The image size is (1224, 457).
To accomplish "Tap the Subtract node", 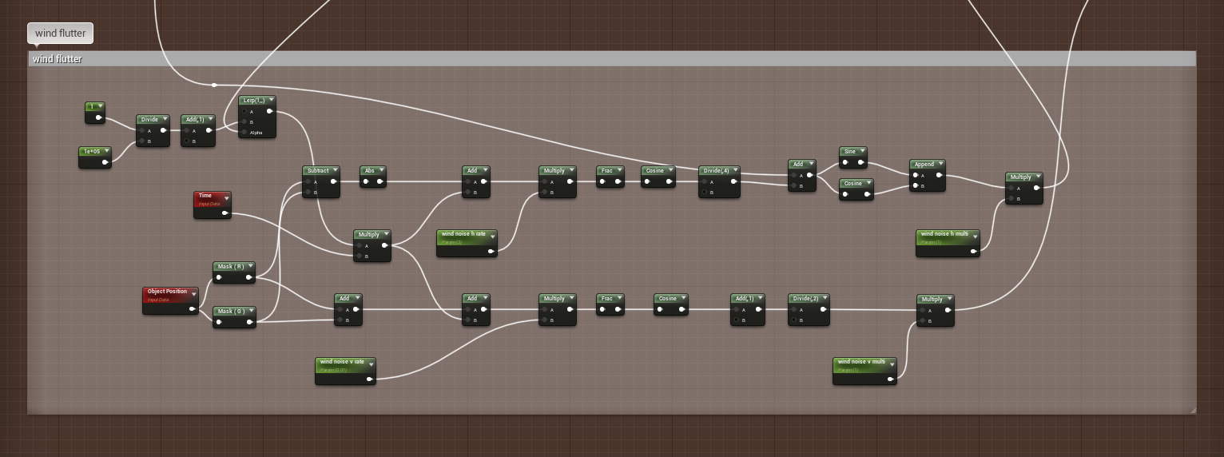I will [x=320, y=171].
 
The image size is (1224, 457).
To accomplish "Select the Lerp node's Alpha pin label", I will [x=256, y=133].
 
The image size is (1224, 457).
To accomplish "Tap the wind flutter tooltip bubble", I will [x=61, y=34].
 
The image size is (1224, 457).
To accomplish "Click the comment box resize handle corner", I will [x=1192, y=410].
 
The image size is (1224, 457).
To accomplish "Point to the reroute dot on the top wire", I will [x=214, y=85].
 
